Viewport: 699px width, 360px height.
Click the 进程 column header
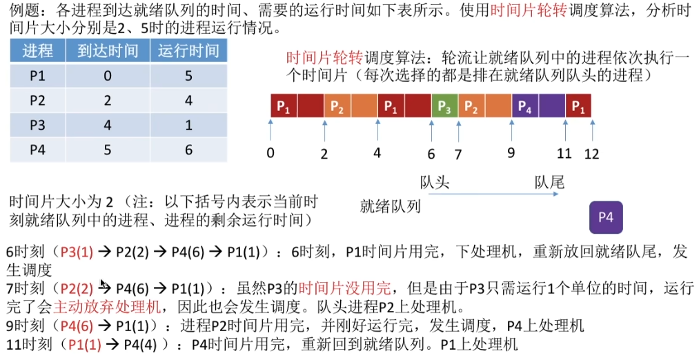tap(37, 50)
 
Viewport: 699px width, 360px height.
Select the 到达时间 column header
tap(107, 50)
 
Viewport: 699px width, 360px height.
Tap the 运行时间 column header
tap(188, 50)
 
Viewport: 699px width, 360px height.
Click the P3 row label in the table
tap(37, 125)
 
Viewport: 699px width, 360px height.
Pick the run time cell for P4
tap(188, 149)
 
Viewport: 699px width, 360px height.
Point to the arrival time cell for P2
tap(107, 101)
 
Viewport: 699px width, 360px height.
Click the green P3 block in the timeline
tap(444, 107)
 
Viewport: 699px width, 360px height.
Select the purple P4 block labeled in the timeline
tap(524, 107)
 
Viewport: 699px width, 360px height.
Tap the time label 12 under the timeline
tap(591, 154)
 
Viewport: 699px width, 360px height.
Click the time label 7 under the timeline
tap(457, 154)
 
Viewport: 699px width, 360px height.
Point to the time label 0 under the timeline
tap(270, 152)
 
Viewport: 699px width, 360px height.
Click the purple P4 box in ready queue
tap(606, 218)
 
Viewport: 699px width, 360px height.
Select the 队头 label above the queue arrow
tap(435, 183)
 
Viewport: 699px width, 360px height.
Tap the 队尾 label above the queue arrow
tap(549, 183)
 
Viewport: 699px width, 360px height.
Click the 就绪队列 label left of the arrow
tap(390, 206)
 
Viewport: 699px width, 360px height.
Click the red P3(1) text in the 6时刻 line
tap(77, 252)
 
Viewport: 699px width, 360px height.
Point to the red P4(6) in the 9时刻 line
tap(81, 325)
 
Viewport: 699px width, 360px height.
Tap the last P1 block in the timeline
tap(578, 107)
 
